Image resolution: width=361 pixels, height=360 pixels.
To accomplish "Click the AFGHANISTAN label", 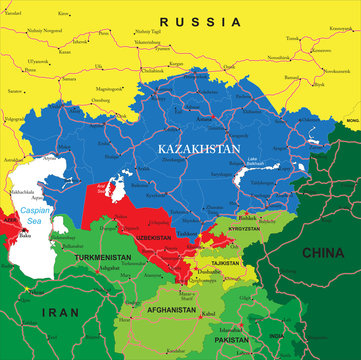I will click(168, 310).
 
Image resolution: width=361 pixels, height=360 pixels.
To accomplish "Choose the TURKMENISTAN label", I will click(104, 256).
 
